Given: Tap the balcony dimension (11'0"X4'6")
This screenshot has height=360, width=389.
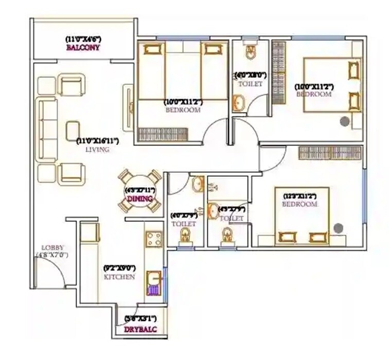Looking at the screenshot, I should tap(83, 39).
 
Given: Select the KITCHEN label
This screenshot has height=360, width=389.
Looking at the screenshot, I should tap(119, 277).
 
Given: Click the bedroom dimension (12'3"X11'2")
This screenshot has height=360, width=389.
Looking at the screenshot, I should tap(300, 195).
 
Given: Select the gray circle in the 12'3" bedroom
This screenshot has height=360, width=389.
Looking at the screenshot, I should tap(338, 227).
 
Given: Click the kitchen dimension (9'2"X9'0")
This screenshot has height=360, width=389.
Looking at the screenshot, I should tap(119, 267).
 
